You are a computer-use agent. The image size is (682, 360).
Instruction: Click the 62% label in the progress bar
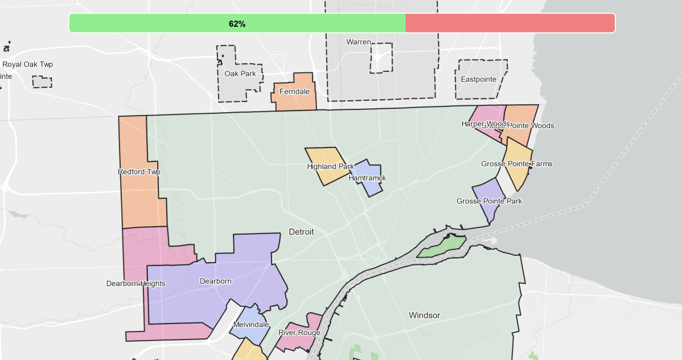point(237,24)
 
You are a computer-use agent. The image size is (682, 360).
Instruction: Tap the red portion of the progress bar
point(510,23)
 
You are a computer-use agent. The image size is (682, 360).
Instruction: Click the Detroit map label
point(301,232)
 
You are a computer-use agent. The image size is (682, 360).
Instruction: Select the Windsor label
point(424,315)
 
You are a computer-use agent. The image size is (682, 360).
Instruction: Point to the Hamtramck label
point(367,178)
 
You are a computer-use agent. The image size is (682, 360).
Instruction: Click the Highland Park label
point(330,166)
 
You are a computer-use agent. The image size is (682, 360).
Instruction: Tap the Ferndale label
point(294,91)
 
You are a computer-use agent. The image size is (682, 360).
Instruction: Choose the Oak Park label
point(240,73)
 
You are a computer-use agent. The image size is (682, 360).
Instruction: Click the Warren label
point(359,42)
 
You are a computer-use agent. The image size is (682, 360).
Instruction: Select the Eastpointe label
point(478,79)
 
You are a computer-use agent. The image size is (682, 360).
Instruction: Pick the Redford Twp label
point(139,171)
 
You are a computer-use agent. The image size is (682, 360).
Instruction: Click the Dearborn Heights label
point(135,283)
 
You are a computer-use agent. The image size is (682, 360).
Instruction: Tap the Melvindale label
point(251,324)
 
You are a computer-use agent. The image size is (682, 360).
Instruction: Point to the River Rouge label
point(299,332)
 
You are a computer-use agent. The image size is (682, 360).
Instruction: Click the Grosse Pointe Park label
point(489,201)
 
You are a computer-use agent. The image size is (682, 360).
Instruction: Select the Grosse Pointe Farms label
point(516,163)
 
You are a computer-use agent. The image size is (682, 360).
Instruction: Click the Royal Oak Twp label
point(27,64)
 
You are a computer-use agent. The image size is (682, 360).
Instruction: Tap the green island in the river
point(442,246)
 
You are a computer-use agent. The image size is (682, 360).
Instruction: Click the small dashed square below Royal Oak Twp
point(42,82)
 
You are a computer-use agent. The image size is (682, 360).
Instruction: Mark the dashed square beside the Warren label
point(381,58)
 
